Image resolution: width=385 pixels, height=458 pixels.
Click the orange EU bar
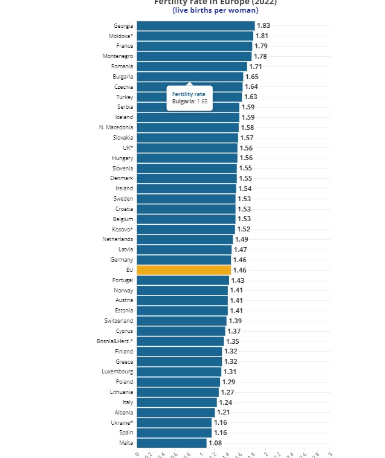tap(184, 270)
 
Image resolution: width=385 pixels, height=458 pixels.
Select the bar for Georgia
tap(195, 25)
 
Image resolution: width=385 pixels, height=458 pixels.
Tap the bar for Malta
tap(172, 443)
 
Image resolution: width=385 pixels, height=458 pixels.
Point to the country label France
tap(125, 46)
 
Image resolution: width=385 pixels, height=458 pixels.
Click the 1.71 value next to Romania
tap(256, 66)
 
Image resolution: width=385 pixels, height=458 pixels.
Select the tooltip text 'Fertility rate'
tap(189, 94)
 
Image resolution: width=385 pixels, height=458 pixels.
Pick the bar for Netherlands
tap(184, 239)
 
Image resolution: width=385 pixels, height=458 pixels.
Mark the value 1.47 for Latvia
tap(241, 250)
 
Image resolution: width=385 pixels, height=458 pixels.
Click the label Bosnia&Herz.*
tap(115, 341)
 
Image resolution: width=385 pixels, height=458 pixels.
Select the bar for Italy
tap(176, 402)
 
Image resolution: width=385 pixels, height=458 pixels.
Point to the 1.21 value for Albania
tap(224, 412)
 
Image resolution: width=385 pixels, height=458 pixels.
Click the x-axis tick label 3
tap(329, 453)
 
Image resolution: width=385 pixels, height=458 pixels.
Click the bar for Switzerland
tap(181, 321)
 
